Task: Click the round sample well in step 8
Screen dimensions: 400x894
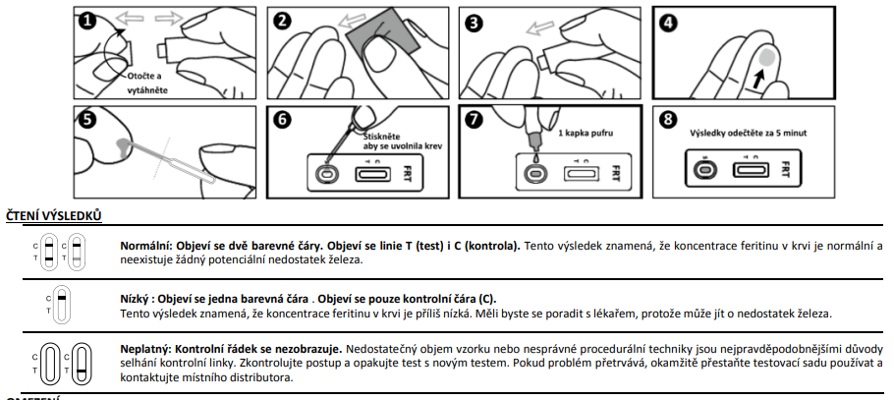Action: (704, 168)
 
